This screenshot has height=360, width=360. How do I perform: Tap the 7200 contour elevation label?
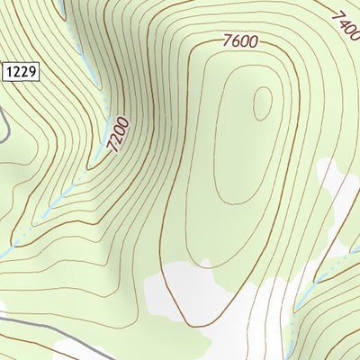coord(118,135)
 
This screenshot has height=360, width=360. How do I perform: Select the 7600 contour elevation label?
coord(239,40)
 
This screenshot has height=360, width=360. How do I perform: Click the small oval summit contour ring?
coord(262,103)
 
